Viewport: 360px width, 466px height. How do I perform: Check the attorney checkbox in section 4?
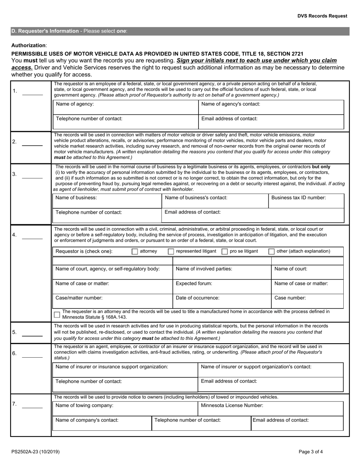point(135,252)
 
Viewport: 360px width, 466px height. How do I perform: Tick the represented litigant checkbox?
point(171,252)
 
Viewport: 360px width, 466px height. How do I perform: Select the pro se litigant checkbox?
point(224,252)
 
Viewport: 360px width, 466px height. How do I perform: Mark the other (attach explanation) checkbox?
point(271,252)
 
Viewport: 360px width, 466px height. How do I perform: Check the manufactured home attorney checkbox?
point(57,314)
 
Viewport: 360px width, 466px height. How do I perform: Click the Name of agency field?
point(125,107)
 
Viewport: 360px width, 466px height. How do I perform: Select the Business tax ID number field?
point(306,201)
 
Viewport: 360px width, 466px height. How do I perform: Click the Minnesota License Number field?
point(271,409)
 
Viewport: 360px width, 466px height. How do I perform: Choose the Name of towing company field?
point(125,409)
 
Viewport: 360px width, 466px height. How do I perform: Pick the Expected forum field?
point(222,287)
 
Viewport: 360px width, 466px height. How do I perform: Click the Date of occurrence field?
point(222,301)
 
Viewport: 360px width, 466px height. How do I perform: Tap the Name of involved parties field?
point(222,272)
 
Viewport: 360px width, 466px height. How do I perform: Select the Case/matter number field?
point(113,301)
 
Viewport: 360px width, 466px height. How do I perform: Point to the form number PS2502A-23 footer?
point(35,452)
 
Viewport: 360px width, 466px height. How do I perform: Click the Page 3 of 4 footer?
point(311,452)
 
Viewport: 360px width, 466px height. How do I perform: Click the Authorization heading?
point(29,45)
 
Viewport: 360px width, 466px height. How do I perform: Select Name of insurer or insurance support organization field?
point(125,370)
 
